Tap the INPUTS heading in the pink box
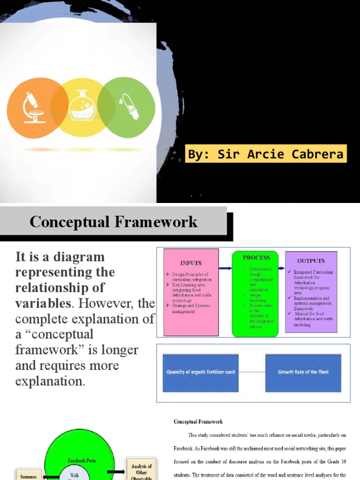(x=191, y=263)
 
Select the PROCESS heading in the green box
(x=256, y=257)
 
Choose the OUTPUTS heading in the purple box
(x=311, y=261)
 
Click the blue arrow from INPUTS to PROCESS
(x=225, y=268)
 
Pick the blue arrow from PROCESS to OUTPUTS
(x=281, y=268)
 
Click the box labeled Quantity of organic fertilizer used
(x=201, y=372)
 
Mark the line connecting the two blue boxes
(x=252, y=372)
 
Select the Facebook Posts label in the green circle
(x=82, y=461)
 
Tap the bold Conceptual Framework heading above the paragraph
(x=198, y=422)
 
